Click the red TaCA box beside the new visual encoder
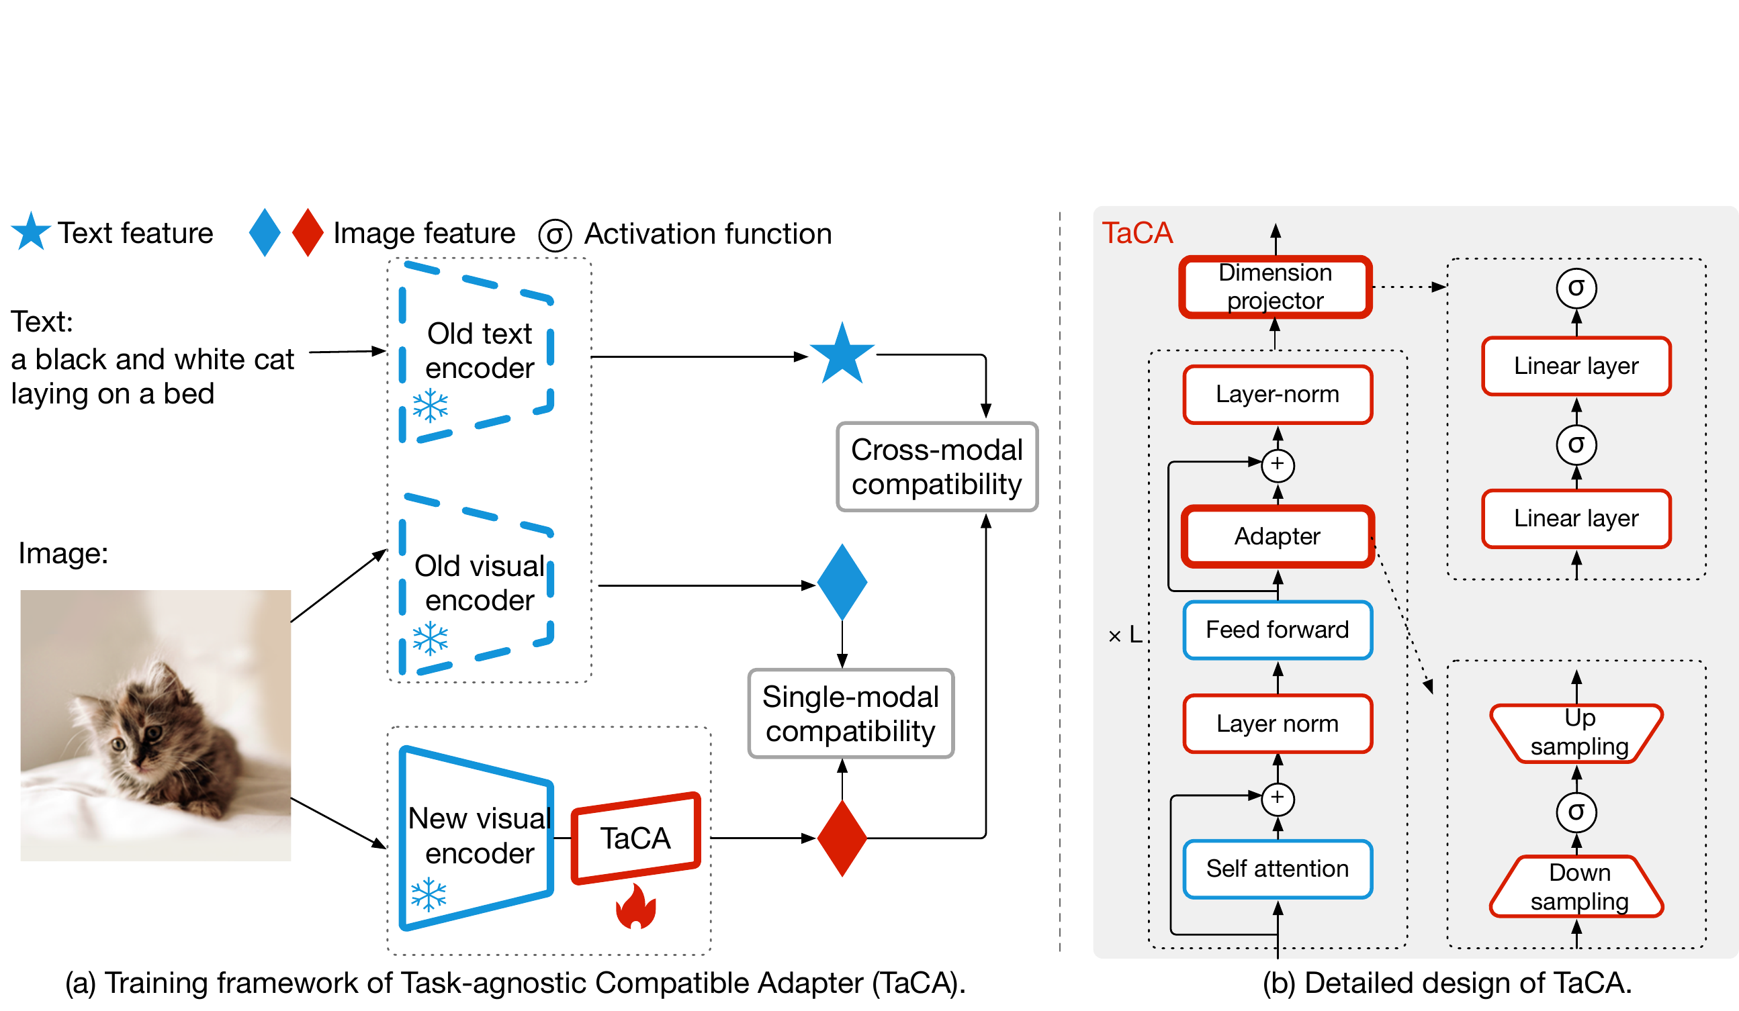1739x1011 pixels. tap(635, 838)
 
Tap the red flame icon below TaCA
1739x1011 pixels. tap(635, 906)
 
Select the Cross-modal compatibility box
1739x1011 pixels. tap(936, 467)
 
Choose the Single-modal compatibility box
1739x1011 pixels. tap(850, 714)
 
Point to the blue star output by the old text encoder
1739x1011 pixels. tap(842, 354)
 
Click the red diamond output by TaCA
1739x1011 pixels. tap(842, 838)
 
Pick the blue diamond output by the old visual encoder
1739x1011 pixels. tap(842, 582)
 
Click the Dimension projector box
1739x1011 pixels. tap(1276, 287)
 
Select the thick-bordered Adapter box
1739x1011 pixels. tap(1278, 536)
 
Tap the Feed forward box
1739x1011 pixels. tap(1278, 630)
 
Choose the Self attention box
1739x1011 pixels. tap(1278, 869)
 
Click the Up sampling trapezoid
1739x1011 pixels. tap(1578, 732)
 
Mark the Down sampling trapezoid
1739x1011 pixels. tap(1578, 887)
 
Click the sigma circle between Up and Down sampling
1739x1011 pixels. tap(1576, 812)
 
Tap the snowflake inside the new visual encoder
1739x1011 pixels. tap(429, 894)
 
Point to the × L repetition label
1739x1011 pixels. tap(1124, 634)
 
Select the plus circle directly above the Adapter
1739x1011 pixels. tap(1278, 465)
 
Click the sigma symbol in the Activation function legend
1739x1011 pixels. tap(555, 235)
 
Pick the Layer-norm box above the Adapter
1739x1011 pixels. tap(1278, 395)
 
